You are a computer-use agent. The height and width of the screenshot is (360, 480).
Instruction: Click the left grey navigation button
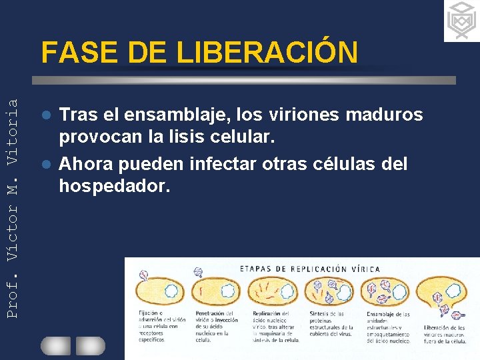(55, 345)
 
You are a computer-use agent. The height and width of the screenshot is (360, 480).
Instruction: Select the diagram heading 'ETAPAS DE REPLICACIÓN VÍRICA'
(310, 269)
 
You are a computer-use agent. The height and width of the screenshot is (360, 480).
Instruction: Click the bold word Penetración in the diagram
(209, 312)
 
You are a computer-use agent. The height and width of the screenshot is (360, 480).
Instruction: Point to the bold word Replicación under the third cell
(267, 312)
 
